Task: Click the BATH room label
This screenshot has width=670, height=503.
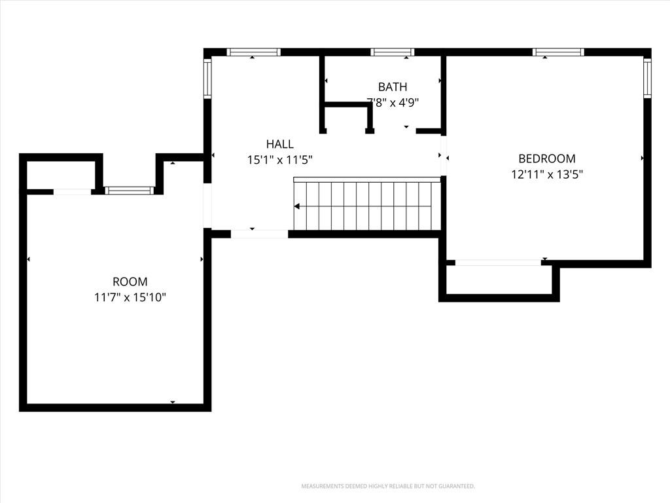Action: (x=393, y=87)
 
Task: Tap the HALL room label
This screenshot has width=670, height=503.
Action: (x=280, y=143)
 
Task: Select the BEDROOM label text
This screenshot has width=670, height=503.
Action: (x=547, y=158)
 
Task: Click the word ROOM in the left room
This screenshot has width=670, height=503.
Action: (x=130, y=282)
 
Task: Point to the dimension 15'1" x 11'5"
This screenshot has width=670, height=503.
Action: (x=280, y=160)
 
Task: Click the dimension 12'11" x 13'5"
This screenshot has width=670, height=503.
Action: (x=548, y=174)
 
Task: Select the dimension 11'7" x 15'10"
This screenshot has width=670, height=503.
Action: (x=130, y=297)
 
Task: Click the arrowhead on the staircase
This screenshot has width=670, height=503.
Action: (x=297, y=207)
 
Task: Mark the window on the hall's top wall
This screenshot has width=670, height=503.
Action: (x=253, y=52)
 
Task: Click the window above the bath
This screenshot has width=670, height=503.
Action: (x=393, y=52)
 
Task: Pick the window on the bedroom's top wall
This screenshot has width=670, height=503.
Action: (x=558, y=52)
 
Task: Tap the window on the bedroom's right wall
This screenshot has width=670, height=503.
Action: (x=647, y=79)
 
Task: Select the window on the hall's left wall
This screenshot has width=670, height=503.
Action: (x=207, y=79)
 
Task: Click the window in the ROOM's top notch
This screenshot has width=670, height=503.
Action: (x=130, y=191)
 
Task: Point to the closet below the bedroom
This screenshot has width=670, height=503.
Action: (x=499, y=280)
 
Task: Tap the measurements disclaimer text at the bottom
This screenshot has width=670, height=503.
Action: (x=388, y=487)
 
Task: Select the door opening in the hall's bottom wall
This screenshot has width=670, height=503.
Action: (x=259, y=234)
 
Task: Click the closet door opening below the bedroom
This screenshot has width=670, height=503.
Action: (x=498, y=263)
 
